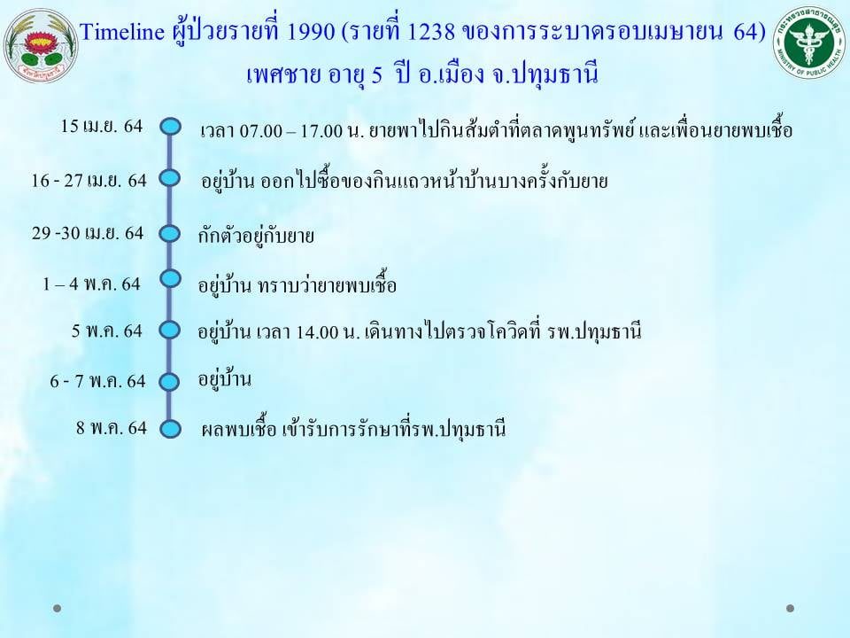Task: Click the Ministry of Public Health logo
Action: pos(810,43)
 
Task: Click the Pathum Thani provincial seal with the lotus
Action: pos(41,45)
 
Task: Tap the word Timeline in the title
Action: pos(122,32)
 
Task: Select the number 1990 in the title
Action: pos(310,32)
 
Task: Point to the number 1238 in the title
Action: pos(430,32)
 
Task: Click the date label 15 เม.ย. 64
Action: pos(101,126)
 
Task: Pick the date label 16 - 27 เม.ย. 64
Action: pos(89,180)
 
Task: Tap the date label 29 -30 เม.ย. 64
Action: pos(88,233)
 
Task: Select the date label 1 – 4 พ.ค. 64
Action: pos(91,284)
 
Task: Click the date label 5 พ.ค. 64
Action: pos(107,331)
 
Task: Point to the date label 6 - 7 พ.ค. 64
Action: pos(98,381)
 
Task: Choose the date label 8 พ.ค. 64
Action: pos(112,427)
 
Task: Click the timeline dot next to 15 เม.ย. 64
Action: pos(170,127)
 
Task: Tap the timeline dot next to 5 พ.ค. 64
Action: pos(170,330)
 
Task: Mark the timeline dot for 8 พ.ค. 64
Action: pos(170,429)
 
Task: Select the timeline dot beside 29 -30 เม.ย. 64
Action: pos(170,234)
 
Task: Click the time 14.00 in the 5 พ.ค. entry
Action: pos(318,331)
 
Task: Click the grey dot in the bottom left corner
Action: pos(57,608)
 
